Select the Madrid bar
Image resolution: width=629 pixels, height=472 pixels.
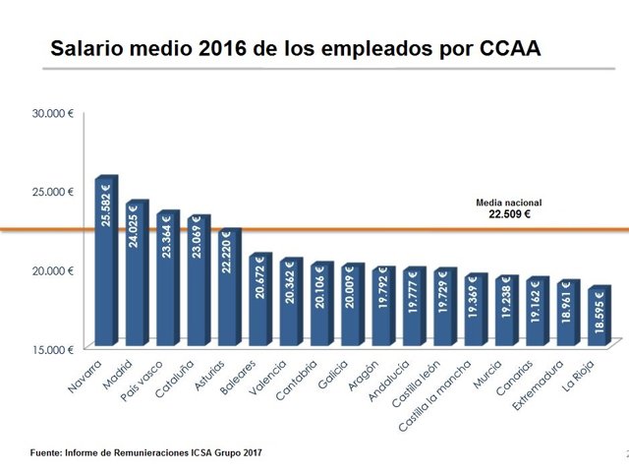point(136,273)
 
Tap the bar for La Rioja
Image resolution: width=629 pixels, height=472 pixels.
point(599,317)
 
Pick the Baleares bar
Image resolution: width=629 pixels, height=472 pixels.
point(259,299)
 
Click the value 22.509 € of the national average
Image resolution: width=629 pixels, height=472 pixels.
point(509,212)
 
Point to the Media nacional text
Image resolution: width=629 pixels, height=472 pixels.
point(509,202)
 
